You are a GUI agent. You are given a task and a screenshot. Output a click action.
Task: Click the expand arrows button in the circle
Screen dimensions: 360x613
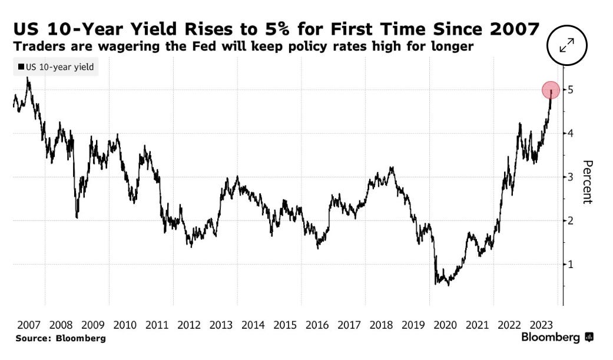(568, 46)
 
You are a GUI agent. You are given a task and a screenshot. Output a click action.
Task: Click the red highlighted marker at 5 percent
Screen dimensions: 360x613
(551, 90)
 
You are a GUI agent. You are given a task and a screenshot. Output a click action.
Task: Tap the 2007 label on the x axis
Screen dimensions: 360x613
(29, 325)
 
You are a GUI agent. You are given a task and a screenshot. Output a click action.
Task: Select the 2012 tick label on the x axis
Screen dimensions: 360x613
(189, 325)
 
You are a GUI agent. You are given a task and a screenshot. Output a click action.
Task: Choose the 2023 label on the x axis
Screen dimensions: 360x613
(541, 325)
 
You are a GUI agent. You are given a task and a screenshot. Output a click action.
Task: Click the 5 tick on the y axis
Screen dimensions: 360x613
(570, 90)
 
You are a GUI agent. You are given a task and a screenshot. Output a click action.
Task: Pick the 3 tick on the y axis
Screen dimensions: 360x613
(570, 177)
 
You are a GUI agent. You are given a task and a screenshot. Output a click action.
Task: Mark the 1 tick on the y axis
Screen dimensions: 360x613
(570, 264)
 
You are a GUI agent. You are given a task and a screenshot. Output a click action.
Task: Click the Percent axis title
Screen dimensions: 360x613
(587, 181)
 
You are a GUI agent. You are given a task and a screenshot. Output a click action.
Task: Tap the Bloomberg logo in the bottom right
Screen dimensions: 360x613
(557, 338)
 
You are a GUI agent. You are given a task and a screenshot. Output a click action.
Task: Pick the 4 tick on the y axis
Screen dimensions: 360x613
(570, 133)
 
